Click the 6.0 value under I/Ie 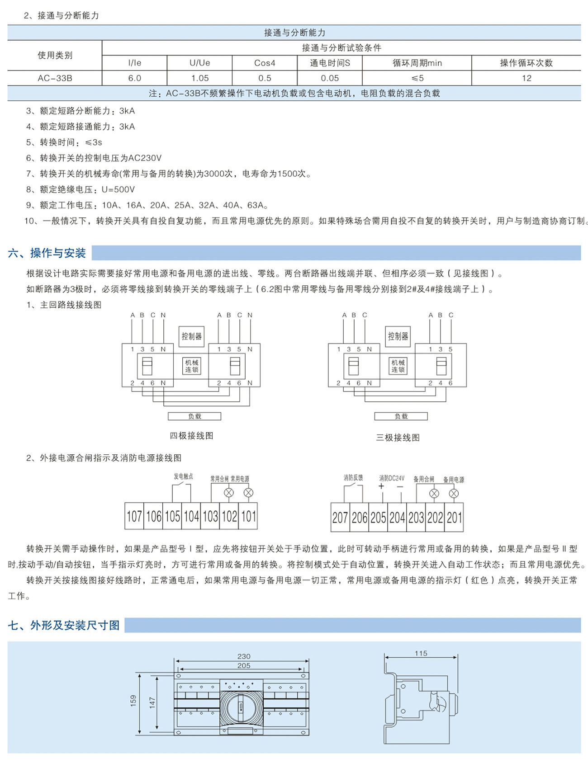(134, 78)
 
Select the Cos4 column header (265, 63)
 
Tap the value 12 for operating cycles (526, 78)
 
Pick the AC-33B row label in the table (55, 78)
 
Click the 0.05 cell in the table (330, 78)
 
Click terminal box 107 (134, 516)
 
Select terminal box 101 (248, 516)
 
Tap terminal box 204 (397, 518)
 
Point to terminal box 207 (340, 518)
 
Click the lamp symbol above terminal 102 (229, 493)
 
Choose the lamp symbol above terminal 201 (454, 494)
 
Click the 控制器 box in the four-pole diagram (192, 336)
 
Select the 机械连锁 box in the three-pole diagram (398, 366)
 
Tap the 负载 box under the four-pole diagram (194, 416)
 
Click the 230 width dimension (244, 656)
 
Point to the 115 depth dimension (421, 653)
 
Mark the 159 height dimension (133, 701)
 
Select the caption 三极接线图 (398, 438)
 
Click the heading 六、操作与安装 (47, 253)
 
